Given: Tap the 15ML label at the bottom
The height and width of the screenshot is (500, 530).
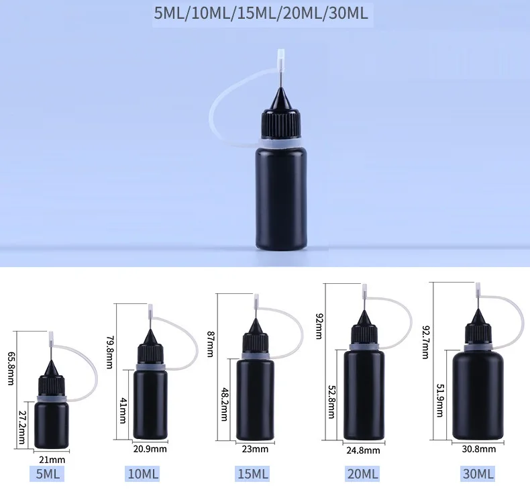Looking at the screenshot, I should (252, 474).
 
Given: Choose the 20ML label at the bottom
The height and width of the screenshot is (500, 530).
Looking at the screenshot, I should (362, 474).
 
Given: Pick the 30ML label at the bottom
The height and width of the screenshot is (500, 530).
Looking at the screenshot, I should (478, 474).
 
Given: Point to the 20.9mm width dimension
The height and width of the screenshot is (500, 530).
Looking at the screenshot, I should (150, 448).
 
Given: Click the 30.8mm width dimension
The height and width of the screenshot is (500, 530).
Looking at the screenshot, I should (478, 449).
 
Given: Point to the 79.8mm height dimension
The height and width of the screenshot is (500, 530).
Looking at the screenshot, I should (109, 352).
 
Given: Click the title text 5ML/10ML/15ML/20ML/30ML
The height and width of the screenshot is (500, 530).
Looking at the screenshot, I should (261, 14).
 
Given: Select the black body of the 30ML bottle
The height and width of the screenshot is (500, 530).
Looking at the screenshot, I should (478, 395).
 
